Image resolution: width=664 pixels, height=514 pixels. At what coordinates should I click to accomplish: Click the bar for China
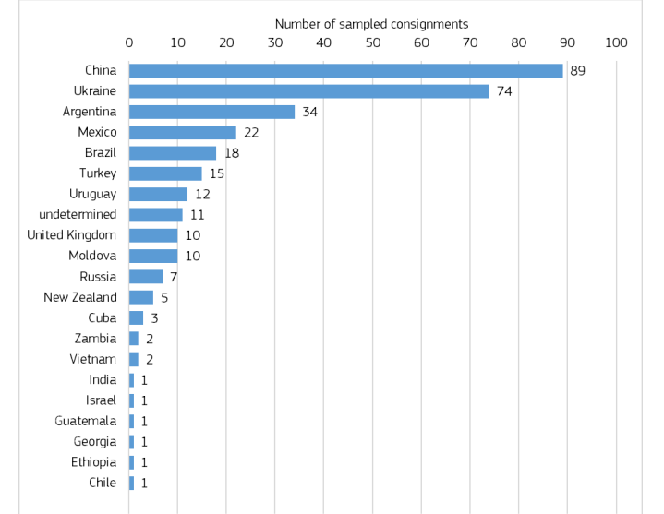[x=345, y=71]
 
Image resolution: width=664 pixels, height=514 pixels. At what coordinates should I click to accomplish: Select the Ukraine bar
[x=308, y=91]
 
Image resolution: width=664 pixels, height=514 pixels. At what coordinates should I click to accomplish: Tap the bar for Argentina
[x=211, y=112]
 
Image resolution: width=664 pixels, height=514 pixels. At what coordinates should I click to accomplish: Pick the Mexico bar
[x=182, y=132]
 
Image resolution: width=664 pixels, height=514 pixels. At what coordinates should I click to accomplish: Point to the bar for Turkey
[x=165, y=173]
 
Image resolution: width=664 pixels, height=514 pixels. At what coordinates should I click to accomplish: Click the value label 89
[x=578, y=71]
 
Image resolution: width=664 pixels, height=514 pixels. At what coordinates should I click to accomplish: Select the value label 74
[x=504, y=91]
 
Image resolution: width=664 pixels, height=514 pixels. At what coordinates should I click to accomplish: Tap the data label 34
[x=310, y=112]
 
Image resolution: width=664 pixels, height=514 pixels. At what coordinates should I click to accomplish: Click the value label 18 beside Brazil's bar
[x=232, y=153]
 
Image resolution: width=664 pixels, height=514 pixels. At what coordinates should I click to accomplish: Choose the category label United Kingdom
[x=72, y=235]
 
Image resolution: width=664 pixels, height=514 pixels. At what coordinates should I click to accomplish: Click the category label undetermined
[x=78, y=214]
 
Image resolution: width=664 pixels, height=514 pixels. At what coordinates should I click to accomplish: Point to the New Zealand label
[x=80, y=297]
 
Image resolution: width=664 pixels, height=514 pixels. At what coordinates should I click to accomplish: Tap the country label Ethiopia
[x=93, y=462]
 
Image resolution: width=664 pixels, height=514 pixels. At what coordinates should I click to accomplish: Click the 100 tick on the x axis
[x=616, y=42]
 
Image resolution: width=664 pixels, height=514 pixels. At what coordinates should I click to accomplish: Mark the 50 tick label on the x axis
[x=372, y=42]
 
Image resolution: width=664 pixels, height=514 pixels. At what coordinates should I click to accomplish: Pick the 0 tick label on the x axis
[x=129, y=42]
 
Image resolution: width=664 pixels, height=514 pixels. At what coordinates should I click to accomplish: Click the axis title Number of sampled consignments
[x=371, y=24]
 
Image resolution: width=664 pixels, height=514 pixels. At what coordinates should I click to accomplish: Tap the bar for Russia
[x=146, y=277]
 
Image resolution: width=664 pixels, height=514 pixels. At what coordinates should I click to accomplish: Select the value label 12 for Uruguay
[x=202, y=195]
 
